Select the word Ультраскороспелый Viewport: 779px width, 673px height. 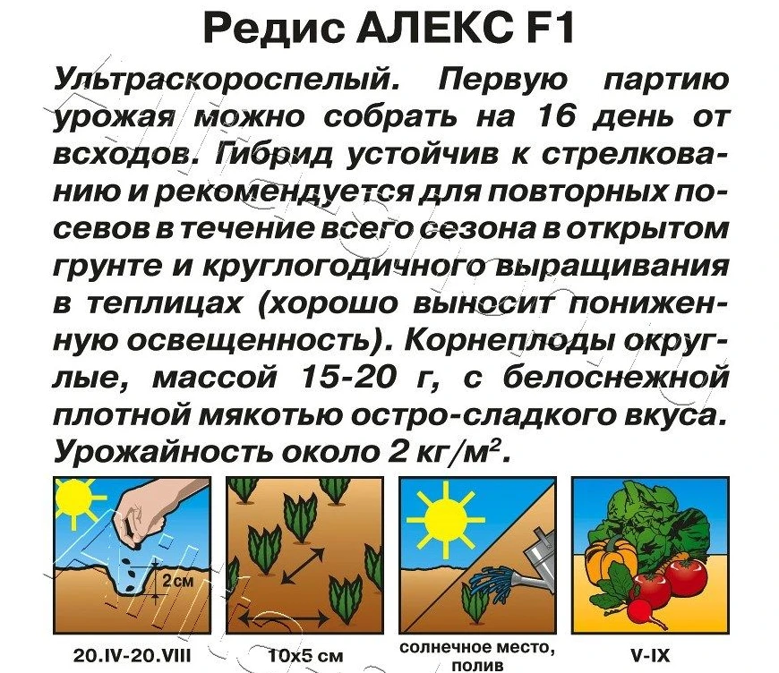click(x=227, y=81)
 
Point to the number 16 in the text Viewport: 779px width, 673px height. click(x=559, y=117)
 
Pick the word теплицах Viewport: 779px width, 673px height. click(x=165, y=304)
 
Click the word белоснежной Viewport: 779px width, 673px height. click(x=616, y=378)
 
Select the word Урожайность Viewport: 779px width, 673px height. click(x=164, y=451)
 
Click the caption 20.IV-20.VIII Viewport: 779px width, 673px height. click(x=133, y=656)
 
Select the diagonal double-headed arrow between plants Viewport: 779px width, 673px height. click(x=303, y=566)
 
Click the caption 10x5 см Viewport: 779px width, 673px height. click(x=305, y=656)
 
